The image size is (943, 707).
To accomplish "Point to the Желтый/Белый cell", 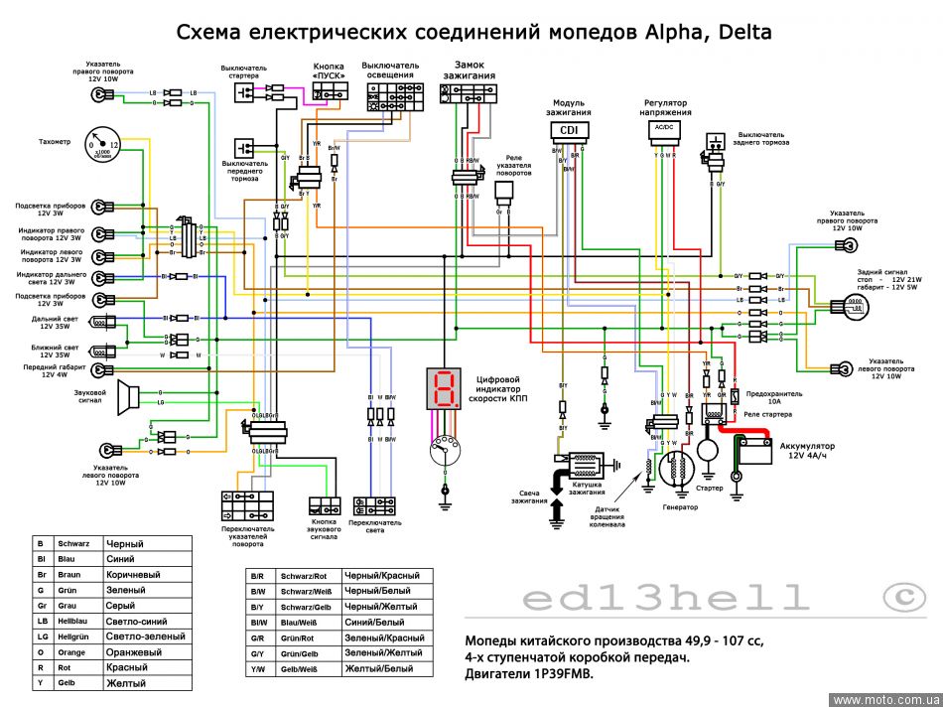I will (377, 668).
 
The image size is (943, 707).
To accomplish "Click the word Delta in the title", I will (736, 32).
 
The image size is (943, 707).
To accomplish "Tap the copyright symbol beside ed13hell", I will (903, 597).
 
